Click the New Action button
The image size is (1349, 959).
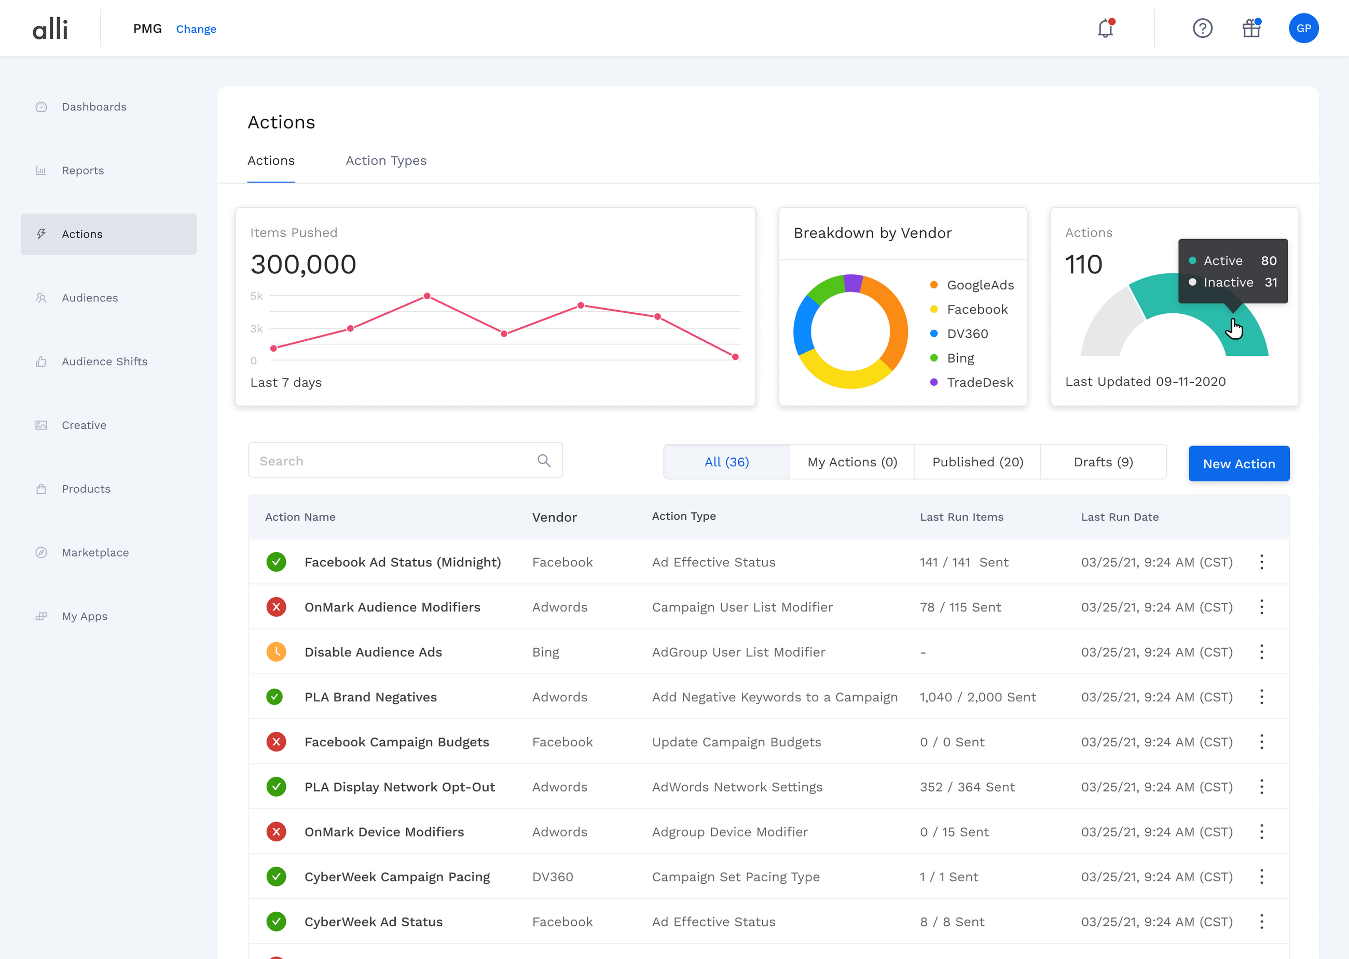[1238, 464]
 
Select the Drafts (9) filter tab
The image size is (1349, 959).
[1103, 462]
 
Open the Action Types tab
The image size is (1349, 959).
[386, 161]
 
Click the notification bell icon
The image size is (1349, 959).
[1105, 29]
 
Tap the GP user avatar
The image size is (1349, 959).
[1303, 29]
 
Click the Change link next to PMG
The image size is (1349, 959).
[196, 29]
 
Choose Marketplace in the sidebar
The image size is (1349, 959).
[95, 552]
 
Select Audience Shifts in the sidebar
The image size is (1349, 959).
[104, 362]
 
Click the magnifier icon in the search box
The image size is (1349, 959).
[544, 461]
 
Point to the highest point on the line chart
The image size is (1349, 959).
[427, 296]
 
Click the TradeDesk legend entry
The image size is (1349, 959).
[979, 382]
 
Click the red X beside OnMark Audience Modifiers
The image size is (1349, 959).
[276, 607]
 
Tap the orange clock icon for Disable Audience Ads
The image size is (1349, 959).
[276, 652]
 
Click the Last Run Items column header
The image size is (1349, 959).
[961, 517]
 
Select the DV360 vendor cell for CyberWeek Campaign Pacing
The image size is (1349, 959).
[552, 877]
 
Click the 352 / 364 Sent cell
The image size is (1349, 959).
[967, 787]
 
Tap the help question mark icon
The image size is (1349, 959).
[1203, 29]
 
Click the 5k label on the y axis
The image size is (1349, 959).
[256, 296]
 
